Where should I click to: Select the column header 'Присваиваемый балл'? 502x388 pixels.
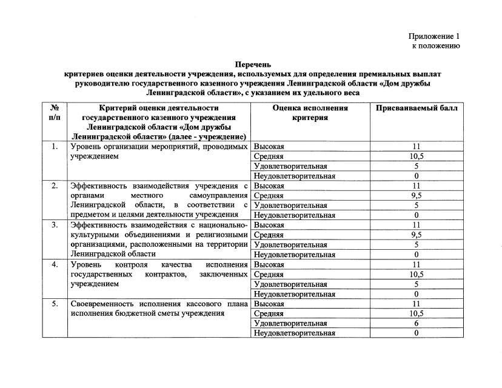(x=417, y=108)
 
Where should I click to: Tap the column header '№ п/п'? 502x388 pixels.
(x=55, y=113)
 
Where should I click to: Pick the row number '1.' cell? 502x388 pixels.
(x=55, y=147)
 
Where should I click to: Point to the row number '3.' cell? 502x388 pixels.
(x=55, y=225)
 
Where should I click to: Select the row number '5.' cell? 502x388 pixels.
(x=55, y=303)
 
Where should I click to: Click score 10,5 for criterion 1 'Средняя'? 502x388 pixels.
(x=417, y=156)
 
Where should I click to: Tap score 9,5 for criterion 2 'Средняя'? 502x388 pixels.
(x=417, y=196)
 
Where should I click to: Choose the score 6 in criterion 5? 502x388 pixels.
(x=417, y=323)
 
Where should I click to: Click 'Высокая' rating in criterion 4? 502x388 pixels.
(x=269, y=264)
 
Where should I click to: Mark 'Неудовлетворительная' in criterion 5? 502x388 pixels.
(x=294, y=333)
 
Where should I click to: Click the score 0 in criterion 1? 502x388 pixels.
(x=417, y=176)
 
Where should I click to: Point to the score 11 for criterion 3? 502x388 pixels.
(x=417, y=225)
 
